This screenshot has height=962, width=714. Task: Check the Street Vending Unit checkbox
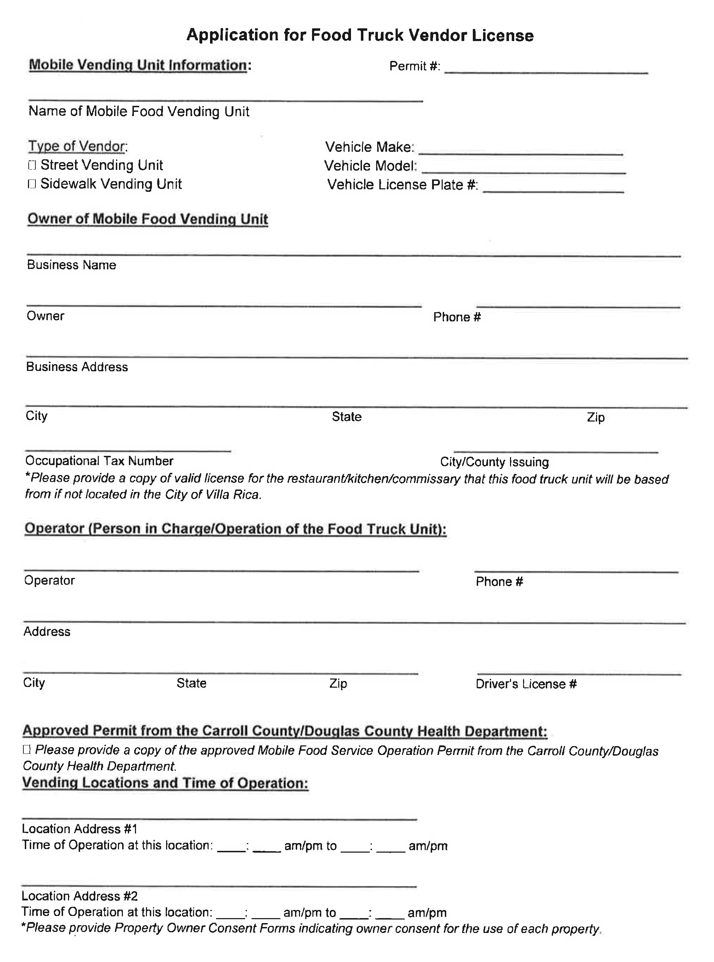pyautogui.click(x=32, y=165)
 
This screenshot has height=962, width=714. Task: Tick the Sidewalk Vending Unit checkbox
pyautogui.click(x=32, y=184)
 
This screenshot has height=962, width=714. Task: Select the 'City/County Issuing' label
pyautogui.click(x=494, y=462)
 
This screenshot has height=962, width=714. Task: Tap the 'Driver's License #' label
pyautogui.click(x=526, y=684)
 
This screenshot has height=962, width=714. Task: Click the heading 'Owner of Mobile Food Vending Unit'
pyautogui.click(x=147, y=219)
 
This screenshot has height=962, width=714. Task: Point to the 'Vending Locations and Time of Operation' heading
pyautogui.click(x=165, y=783)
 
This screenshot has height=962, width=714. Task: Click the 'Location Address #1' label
pyautogui.click(x=80, y=829)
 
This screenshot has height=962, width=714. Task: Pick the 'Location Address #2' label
pyautogui.click(x=80, y=896)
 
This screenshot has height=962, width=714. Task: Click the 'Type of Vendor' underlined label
pyautogui.click(x=77, y=147)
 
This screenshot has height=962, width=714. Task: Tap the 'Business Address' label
pyautogui.click(x=77, y=367)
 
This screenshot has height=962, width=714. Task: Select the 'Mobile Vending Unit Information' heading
pyautogui.click(x=138, y=65)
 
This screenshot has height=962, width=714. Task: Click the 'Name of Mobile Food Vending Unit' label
pyautogui.click(x=139, y=111)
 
